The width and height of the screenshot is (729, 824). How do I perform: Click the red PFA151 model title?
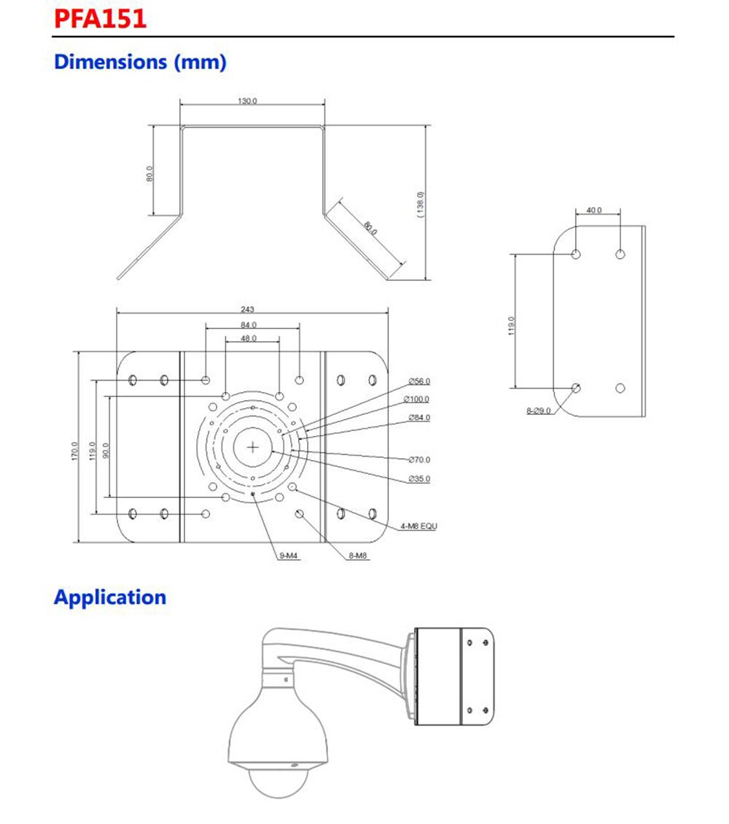[101, 18]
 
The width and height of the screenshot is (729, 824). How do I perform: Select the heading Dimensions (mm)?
[140, 62]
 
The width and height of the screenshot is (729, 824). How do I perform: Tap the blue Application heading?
[110, 597]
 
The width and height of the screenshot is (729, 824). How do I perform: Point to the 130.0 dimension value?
[246, 101]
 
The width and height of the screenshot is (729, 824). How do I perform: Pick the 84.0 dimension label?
[249, 325]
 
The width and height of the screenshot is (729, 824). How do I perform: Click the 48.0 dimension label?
[249, 338]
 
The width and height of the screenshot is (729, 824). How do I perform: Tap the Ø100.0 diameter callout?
[416, 400]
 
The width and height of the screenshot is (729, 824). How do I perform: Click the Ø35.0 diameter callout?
[419, 479]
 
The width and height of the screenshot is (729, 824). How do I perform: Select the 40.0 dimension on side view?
[594, 210]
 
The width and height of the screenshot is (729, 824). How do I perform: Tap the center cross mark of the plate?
[252, 447]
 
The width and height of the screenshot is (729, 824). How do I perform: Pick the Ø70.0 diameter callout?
[419, 459]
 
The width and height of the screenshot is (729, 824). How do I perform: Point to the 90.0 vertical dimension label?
[106, 451]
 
